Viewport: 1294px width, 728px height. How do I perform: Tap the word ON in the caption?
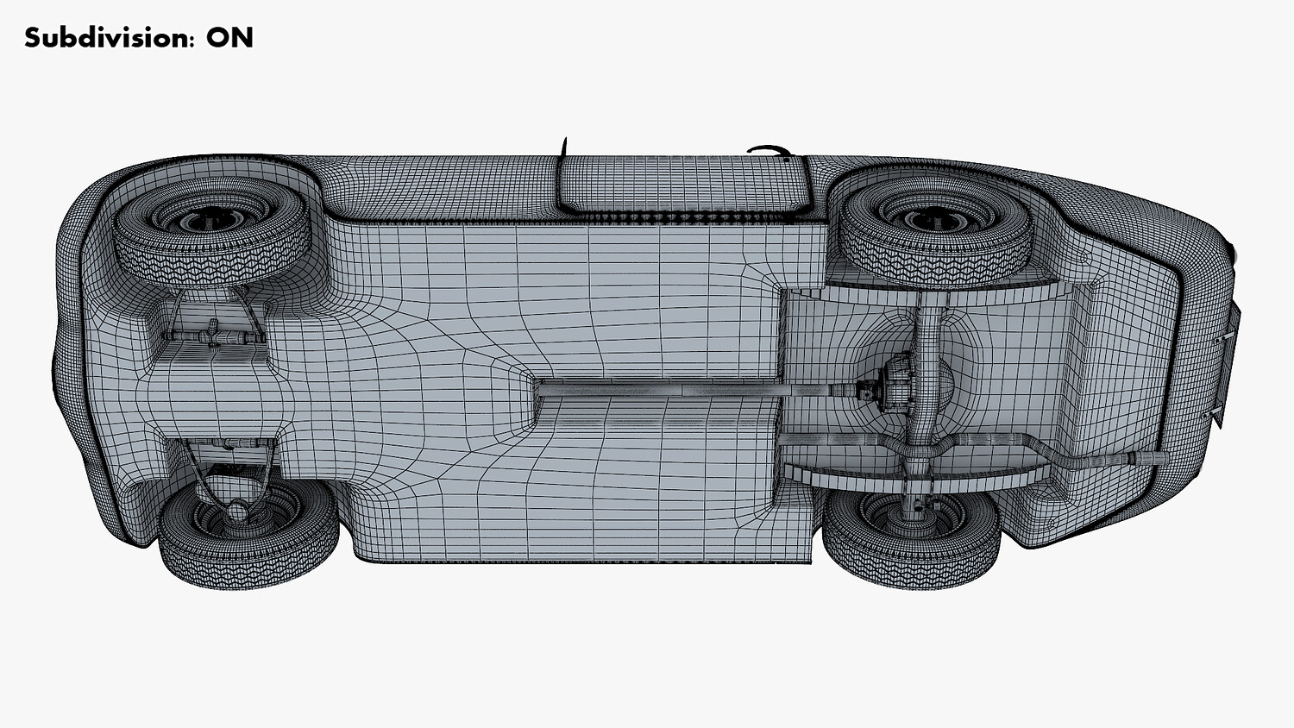click(x=230, y=38)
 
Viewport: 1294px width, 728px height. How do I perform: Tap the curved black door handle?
click(x=770, y=151)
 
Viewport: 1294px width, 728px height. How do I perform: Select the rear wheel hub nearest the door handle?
click(x=937, y=220)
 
